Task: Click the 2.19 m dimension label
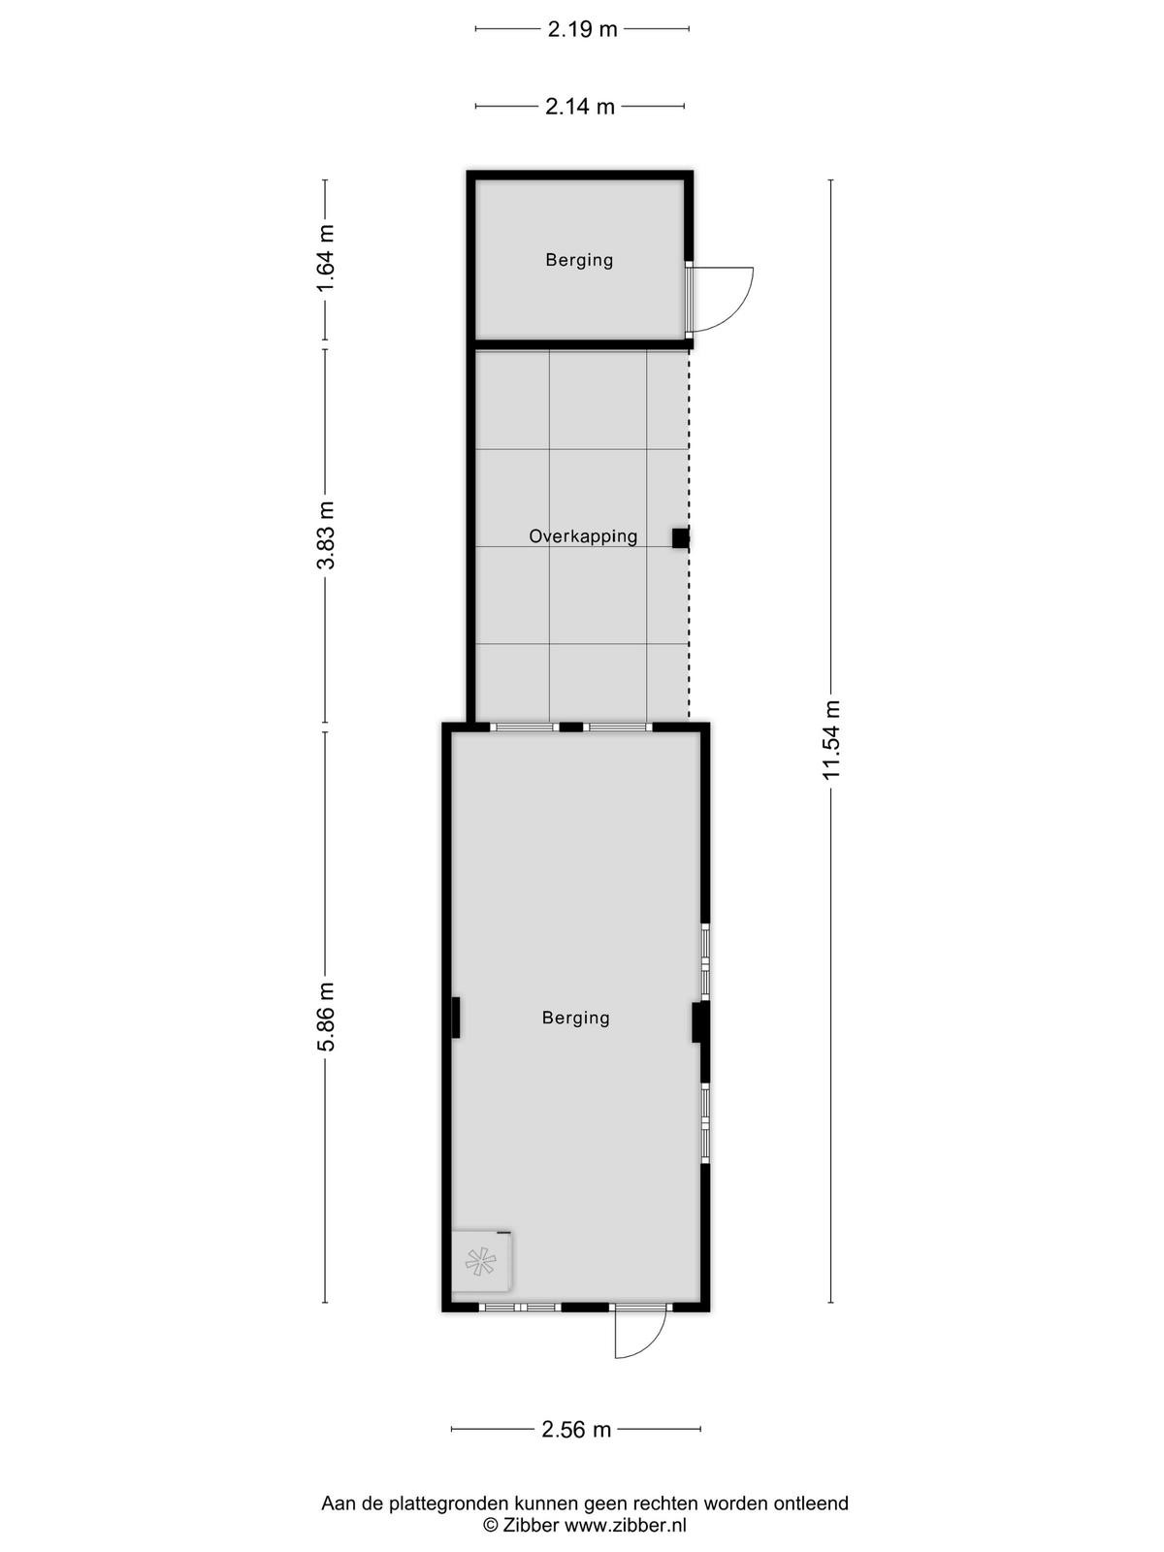tap(582, 30)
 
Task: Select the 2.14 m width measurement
tap(579, 107)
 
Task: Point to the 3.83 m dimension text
tap(326, 534)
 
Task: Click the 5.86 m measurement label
tap(326, 1017)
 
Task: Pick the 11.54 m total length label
tap(831, 740)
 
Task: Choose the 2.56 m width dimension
tap(576, 1430)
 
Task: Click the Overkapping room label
tap(583, 536)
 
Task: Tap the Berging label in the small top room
tap(579, 260)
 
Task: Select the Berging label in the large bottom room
tap(576, 1018)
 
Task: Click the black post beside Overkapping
tap(680, 538)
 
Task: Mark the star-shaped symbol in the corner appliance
tap(480, 1260)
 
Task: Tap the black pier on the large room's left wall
tap(456, 1017)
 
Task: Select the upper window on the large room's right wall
tap(705, 962)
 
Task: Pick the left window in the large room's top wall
tap(525, 727)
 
